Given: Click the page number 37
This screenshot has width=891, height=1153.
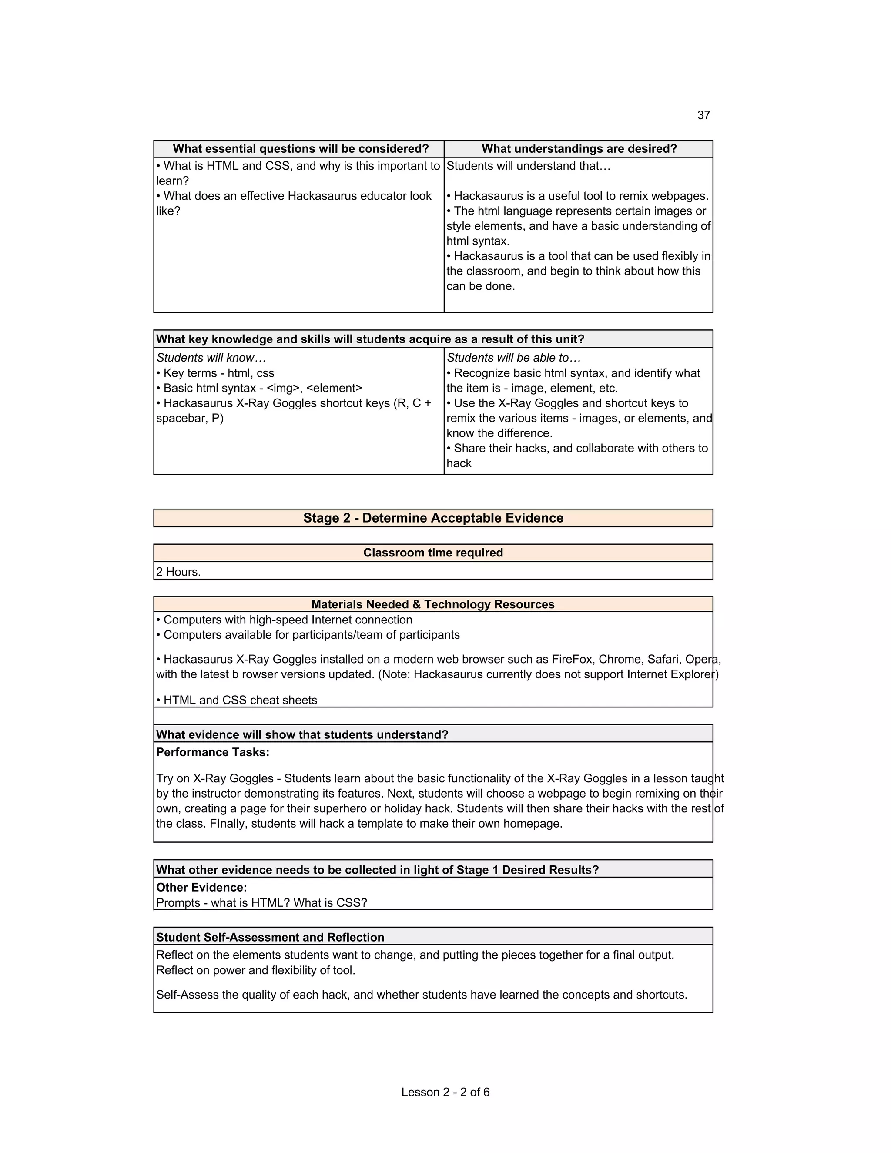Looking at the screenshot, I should [x=703, y=115].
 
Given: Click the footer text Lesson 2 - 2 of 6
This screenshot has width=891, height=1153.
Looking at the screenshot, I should [x=445, y=1092].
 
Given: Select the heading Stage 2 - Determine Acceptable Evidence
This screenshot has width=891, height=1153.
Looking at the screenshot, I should [x=433, y=518].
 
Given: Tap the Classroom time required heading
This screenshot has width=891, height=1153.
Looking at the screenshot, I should [x=433, y=553].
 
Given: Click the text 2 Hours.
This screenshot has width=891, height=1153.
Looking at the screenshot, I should [x=178, y=572].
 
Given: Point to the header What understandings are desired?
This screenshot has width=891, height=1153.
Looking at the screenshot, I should [x=579, y=149].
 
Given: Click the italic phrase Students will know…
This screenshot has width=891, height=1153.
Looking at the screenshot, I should [x=211, y=358].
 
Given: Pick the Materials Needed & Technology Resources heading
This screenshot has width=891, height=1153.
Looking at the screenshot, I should [x=433, y=604].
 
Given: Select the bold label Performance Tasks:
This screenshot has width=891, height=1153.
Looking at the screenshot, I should [x=213, y=752].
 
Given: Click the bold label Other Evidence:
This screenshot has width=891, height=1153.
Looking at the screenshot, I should [x=201, y=888].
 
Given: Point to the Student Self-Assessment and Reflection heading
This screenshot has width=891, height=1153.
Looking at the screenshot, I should [x=270, y=937].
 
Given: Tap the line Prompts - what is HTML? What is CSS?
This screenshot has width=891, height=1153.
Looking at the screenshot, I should [x=261, y=903].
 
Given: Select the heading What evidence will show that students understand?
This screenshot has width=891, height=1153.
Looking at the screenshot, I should [x=302, y=735].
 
